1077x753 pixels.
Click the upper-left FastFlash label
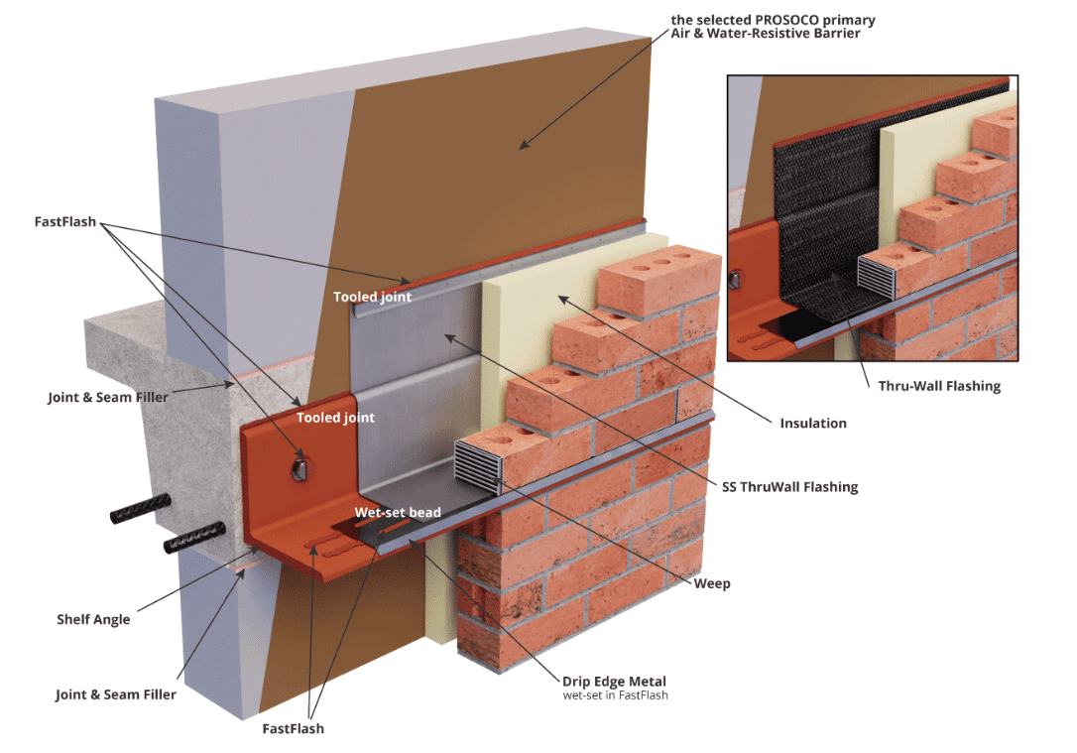coord(65,222)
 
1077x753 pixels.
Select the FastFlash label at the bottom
coord(293,728)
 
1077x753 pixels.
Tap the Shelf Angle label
coord(93,619)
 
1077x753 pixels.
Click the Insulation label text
coord(813,423)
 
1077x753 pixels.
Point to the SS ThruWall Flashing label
coord(789,486)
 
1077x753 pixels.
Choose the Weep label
coord(712,583)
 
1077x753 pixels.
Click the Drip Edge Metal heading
coord(614,681)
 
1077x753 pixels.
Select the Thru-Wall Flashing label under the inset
coord(939,386)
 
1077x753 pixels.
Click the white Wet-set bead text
coord(398,513)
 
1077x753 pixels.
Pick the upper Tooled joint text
coord(372,297)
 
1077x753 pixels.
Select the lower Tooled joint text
coord(336,418)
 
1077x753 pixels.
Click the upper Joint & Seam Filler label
coord(108,398)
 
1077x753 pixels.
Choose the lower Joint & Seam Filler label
coord(115,694)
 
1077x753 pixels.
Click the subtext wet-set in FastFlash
coord(615,695)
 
